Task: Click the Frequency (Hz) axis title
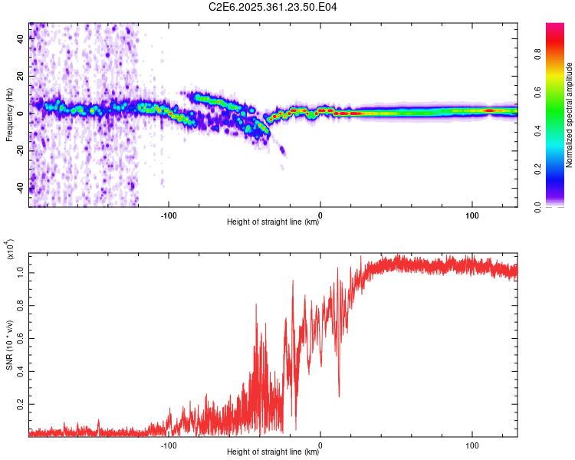pos(9,115)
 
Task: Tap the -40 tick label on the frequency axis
pos(20,187)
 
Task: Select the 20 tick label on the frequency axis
pos(20,76)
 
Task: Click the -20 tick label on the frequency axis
pos(20,150)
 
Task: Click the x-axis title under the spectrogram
pos(273,222)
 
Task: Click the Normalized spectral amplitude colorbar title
pos(570,115)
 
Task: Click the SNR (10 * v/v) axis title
pos(9,344)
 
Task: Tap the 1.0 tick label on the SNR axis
pos(20,271)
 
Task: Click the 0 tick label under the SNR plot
pos(320,445)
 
